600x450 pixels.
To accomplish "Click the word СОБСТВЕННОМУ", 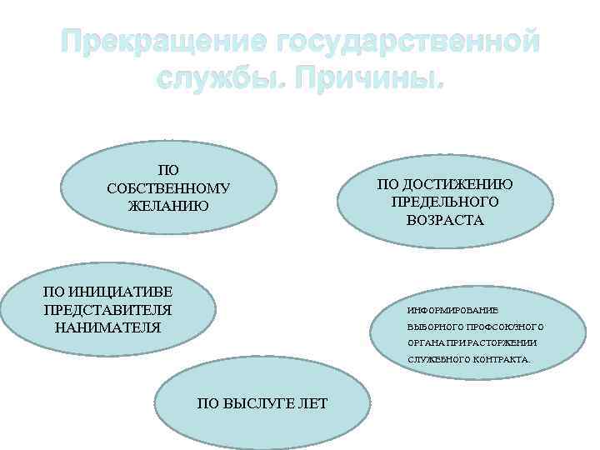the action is click(x=168, y=188).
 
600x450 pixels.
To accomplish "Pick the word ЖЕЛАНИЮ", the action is click(x=168, y=205).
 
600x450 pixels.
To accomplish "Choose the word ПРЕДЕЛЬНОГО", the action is click(x=445, y=202).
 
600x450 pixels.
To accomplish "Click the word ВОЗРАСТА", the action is click(x=445, y=220).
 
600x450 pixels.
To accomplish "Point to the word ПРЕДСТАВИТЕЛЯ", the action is click(x=107, y=309).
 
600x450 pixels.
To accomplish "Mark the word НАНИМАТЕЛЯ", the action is click(x=107, y=327).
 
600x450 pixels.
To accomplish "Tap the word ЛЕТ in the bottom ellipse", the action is click(x=312, y=403).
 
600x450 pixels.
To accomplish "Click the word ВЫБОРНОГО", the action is click(x=432, y=326).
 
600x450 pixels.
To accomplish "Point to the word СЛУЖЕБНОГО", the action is click(x=438, y=360).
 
